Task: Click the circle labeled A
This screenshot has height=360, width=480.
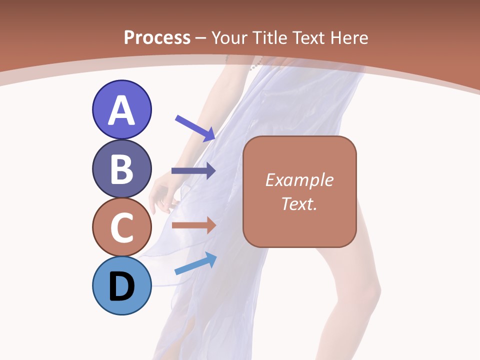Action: click(121, 109)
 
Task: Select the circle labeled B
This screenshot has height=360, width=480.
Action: click(121, 168)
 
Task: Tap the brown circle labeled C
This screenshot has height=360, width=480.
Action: click(121, 227)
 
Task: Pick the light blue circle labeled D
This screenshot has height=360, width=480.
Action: click(121, 286)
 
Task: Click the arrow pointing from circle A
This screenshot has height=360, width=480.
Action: click(195, 128)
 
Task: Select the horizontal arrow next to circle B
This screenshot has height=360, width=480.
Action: click(193, 171)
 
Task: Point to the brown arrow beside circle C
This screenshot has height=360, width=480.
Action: click(193, 225)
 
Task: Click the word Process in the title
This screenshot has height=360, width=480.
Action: click(157, 37)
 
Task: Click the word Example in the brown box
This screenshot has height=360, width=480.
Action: click(299, 180)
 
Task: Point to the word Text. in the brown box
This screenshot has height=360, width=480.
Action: click(299, 203)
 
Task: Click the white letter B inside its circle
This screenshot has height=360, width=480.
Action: click(121, 168)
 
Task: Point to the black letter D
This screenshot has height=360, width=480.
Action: click(121, 286)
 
